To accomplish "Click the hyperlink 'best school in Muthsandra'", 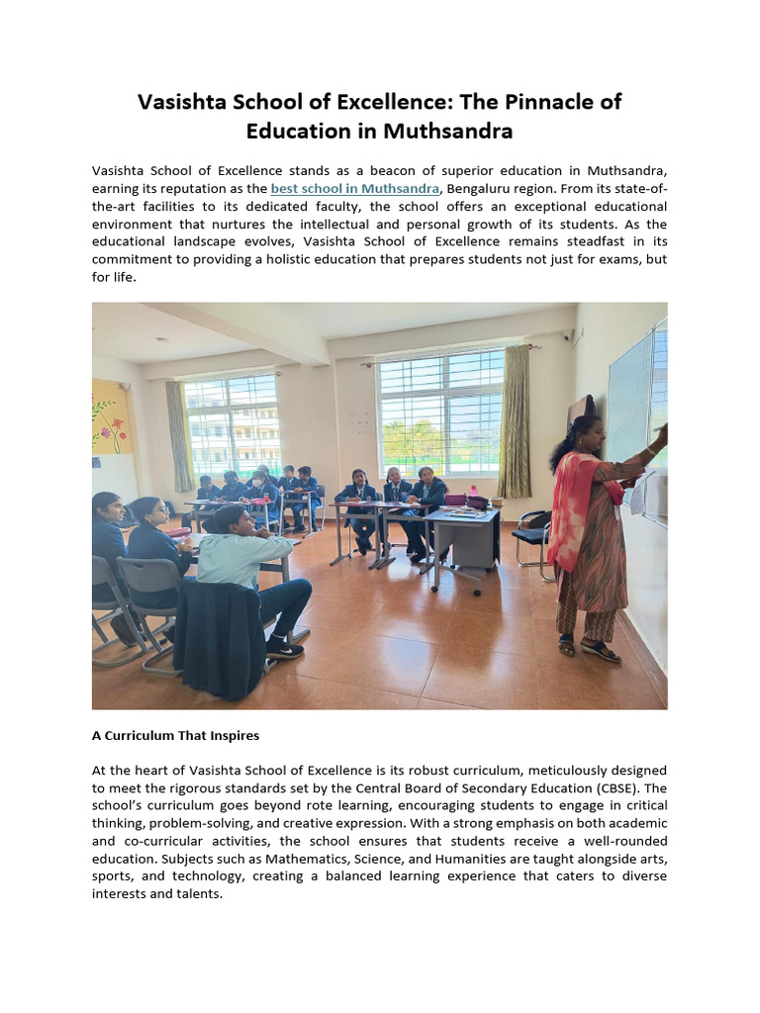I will [355, 188].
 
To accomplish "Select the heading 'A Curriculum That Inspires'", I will [175, 736].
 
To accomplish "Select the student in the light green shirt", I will [242, 559].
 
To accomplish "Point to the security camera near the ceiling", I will [568, 335].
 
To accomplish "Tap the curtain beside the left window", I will [179, 435].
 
